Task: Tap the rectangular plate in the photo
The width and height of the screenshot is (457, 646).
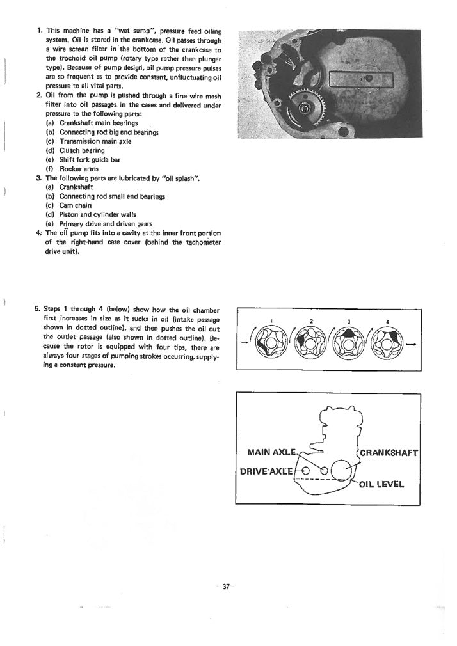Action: pos(359,79)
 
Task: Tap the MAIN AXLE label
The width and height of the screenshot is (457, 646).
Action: pos(271,453)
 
